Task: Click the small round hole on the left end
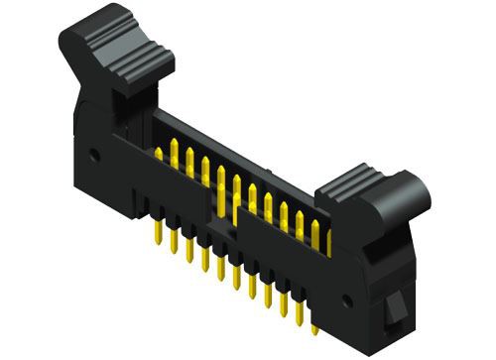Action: pos(93,155)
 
